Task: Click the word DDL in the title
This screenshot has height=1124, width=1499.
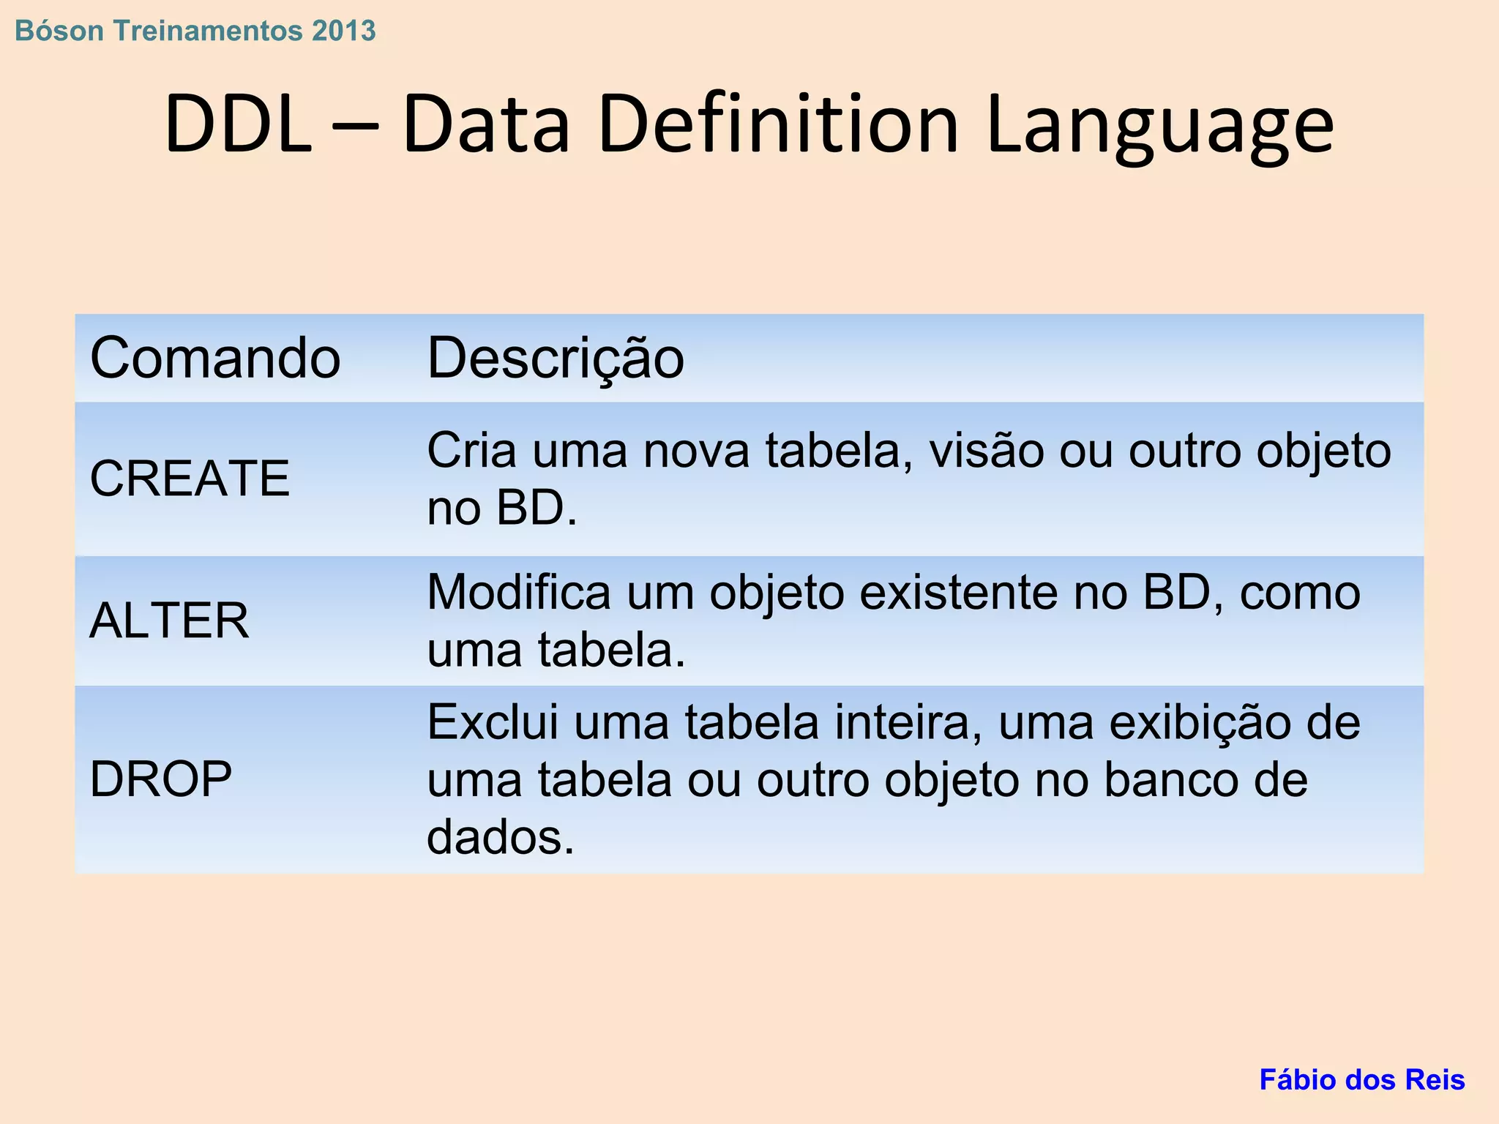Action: tap(238, 124)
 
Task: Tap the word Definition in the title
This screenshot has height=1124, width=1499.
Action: tap(778, 124)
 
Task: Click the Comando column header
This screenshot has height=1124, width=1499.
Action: tap(215, 359)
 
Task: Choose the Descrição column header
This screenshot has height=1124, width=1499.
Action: tap(556, 359)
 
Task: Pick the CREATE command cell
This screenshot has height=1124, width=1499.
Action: tap(190, 479)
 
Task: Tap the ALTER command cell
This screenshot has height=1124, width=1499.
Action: tap(169, 621)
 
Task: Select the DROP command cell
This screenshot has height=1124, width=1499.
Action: tap(160, 779)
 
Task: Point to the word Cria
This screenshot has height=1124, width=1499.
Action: tap(471, 450)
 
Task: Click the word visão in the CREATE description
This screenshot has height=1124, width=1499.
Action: tap(987, 450)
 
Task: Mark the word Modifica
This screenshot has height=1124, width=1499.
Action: tap(518, 592)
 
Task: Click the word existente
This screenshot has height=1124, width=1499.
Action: tap(958, 592)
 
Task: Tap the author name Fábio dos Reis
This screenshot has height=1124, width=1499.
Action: tap(1361, 1080)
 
